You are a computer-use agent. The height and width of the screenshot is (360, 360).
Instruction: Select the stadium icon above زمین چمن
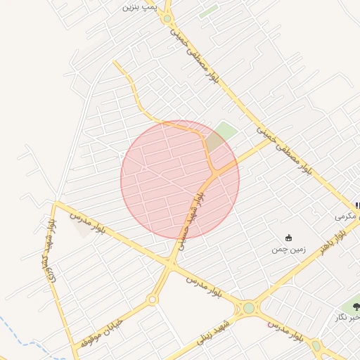pyautogui.click(x=288, y=238)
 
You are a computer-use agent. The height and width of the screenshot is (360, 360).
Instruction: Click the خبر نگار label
pyautogui.click(x=349, y=318)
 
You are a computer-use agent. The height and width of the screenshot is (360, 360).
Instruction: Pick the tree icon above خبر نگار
pyautogui.click(x=356, y=306)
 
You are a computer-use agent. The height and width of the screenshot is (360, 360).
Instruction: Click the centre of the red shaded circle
pyautogui.click(x=180, y=179)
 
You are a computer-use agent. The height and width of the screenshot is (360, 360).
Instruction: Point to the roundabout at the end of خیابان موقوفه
pyautogui.click(x=152, y=300)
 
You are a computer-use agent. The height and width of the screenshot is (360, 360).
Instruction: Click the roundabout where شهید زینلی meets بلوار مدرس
pyautogui.click(x=248, y=307)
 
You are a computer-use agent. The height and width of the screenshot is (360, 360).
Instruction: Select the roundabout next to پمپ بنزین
pyautogui.click(x=167, y=18)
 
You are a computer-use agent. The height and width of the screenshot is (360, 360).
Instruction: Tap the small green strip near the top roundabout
pyautogui.click(x=208, y=12)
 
